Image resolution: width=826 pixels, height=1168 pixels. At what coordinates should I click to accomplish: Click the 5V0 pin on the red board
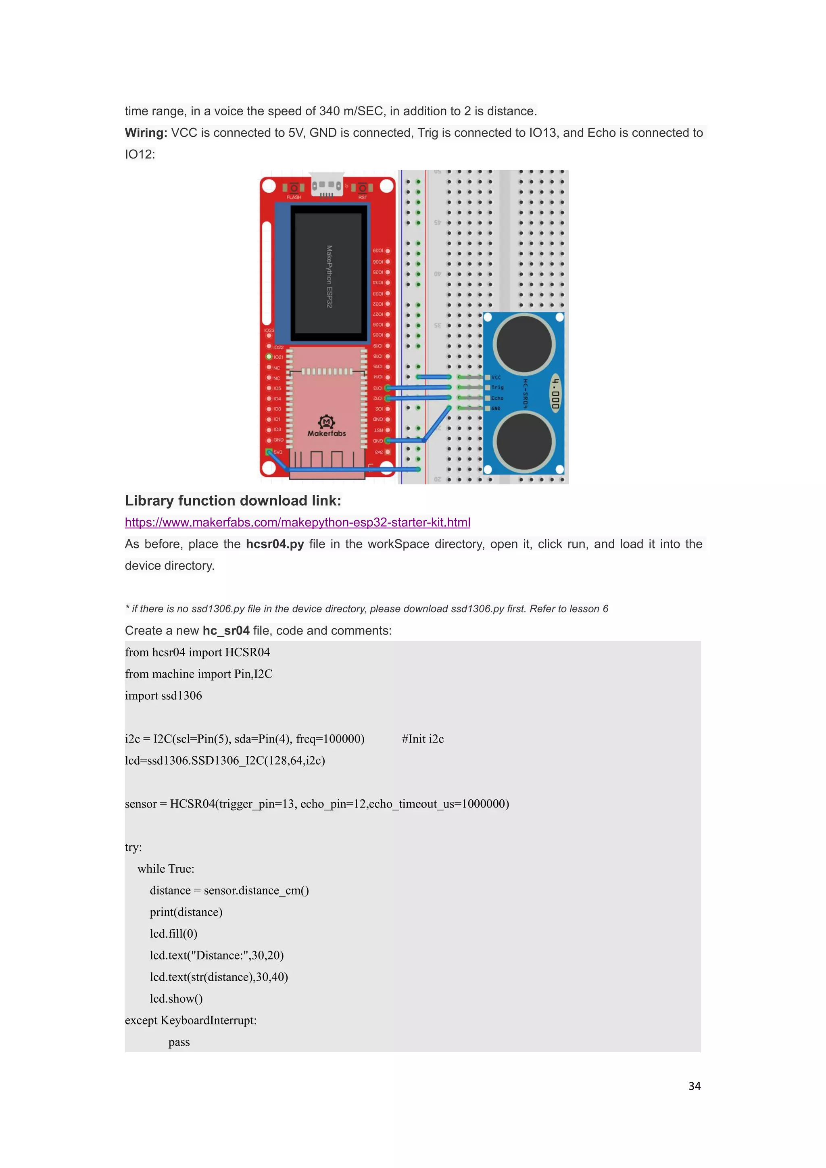click(269, 452)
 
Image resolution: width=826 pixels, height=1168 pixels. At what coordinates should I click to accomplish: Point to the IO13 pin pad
click(388, 388)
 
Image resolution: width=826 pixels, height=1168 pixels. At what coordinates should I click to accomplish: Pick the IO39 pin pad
click(388, 251)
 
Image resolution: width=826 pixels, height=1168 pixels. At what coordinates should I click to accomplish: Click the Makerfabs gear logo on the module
click(327, 422)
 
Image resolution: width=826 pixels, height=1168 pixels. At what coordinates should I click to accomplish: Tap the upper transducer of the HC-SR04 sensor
click(524, 343)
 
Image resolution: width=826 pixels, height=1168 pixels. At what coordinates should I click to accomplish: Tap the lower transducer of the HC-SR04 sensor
click(524, 440)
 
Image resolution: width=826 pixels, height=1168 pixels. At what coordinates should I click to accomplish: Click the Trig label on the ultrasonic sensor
click(497, 388)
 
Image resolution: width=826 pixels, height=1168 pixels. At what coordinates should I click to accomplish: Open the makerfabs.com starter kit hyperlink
click(298, 522)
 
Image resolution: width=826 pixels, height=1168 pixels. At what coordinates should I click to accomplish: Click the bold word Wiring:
click(146, 133)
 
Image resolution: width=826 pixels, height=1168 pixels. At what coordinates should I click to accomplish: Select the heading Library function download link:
click(233, 501)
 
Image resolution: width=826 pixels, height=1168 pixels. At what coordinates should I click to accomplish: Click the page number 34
click(694, 1086)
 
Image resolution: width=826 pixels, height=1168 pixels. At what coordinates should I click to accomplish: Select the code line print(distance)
click(186, 912)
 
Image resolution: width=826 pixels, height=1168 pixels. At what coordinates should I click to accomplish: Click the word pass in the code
click(179, 1042)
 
